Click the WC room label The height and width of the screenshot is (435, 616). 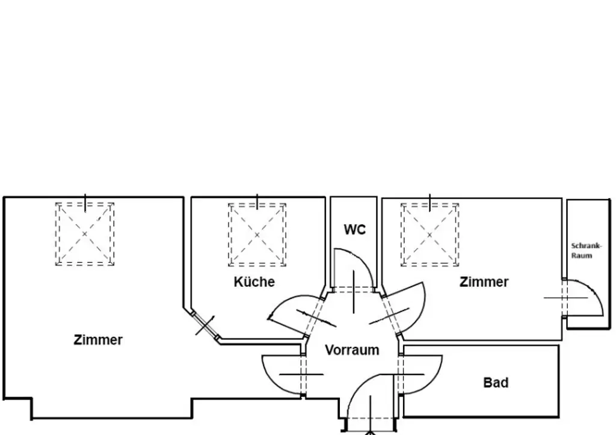coord(354,229)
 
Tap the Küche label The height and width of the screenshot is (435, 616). coord(254,282)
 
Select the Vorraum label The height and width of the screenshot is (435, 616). coord(352,350)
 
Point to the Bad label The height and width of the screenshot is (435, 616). coord(496,383)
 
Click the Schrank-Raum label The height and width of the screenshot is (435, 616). coord(582,251)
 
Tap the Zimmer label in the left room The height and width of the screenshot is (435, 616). coord(98,340)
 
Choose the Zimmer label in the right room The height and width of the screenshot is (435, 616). coord(484,282)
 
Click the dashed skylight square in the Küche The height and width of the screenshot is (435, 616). coord(257,234)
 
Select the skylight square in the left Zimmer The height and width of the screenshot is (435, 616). coord(85,234)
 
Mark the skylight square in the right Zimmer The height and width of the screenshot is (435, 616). coord(430,234)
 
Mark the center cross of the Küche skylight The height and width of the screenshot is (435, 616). coord(257,234)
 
